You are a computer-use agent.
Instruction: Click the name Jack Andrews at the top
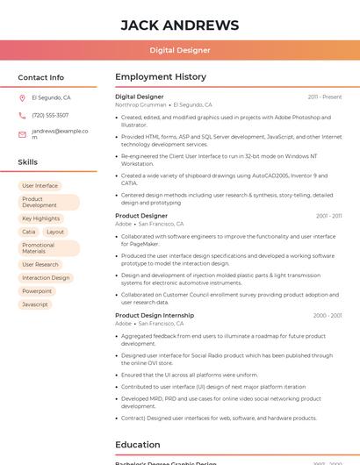click(x=179, y=25)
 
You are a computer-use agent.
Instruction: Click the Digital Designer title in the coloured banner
click(x=179, y=50)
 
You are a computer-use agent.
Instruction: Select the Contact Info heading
click(x=41, y=77)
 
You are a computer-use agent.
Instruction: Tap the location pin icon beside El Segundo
click(x=22, y=98)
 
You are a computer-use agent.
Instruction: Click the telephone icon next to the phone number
click(x=22, y=116)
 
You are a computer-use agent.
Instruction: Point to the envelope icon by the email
click(x=22, y=133)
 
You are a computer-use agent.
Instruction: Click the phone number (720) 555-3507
click(x=50, y=116)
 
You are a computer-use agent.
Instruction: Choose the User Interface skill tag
click(x=40, y=186)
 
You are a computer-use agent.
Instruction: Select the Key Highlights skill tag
click(x=40, y=218)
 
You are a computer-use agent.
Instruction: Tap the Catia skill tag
click(x=29, y=232)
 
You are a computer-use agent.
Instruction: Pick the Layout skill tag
click(x=55, y=232)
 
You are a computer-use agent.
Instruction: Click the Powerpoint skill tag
click(x=37, y=291)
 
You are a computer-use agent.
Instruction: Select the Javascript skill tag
click(x=35, y=304)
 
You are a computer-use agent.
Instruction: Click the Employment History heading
click(x=161, y=77)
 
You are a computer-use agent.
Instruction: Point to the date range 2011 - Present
click(x=325, y=97)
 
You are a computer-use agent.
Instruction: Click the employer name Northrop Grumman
click(x=140, y=104)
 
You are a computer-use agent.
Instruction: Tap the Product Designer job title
click(x=141, y=216)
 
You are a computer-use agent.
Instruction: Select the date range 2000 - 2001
click(x=327, y=316)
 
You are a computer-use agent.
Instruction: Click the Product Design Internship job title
click(x=155, y=315)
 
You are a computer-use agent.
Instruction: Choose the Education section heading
click(x=138, y=445)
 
